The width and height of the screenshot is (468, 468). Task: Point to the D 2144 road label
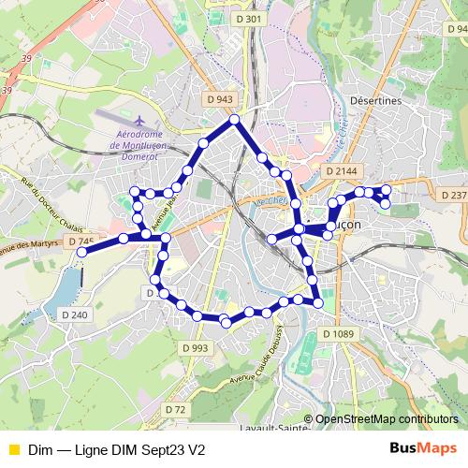pyautogui.click(x=344, y=172)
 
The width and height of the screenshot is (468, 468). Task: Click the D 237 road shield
pyautogui.click(x=453, y=195)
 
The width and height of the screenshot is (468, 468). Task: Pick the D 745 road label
pyautogui.click(x=82, y=241)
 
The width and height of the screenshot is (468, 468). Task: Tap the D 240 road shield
pyautogui.click(x=78, y=315)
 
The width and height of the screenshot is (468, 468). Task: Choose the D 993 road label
pyautogui.click(x=196, y=348)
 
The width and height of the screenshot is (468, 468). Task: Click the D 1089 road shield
pyautogui.click(x=339, y=334)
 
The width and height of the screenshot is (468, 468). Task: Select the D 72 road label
pyautogui.click(x=175, y=409)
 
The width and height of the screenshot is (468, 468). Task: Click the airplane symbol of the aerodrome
pyautogui.click(x=139, y=122)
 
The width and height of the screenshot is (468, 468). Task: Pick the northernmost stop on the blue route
pyautogui.click(x=234, y=121)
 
